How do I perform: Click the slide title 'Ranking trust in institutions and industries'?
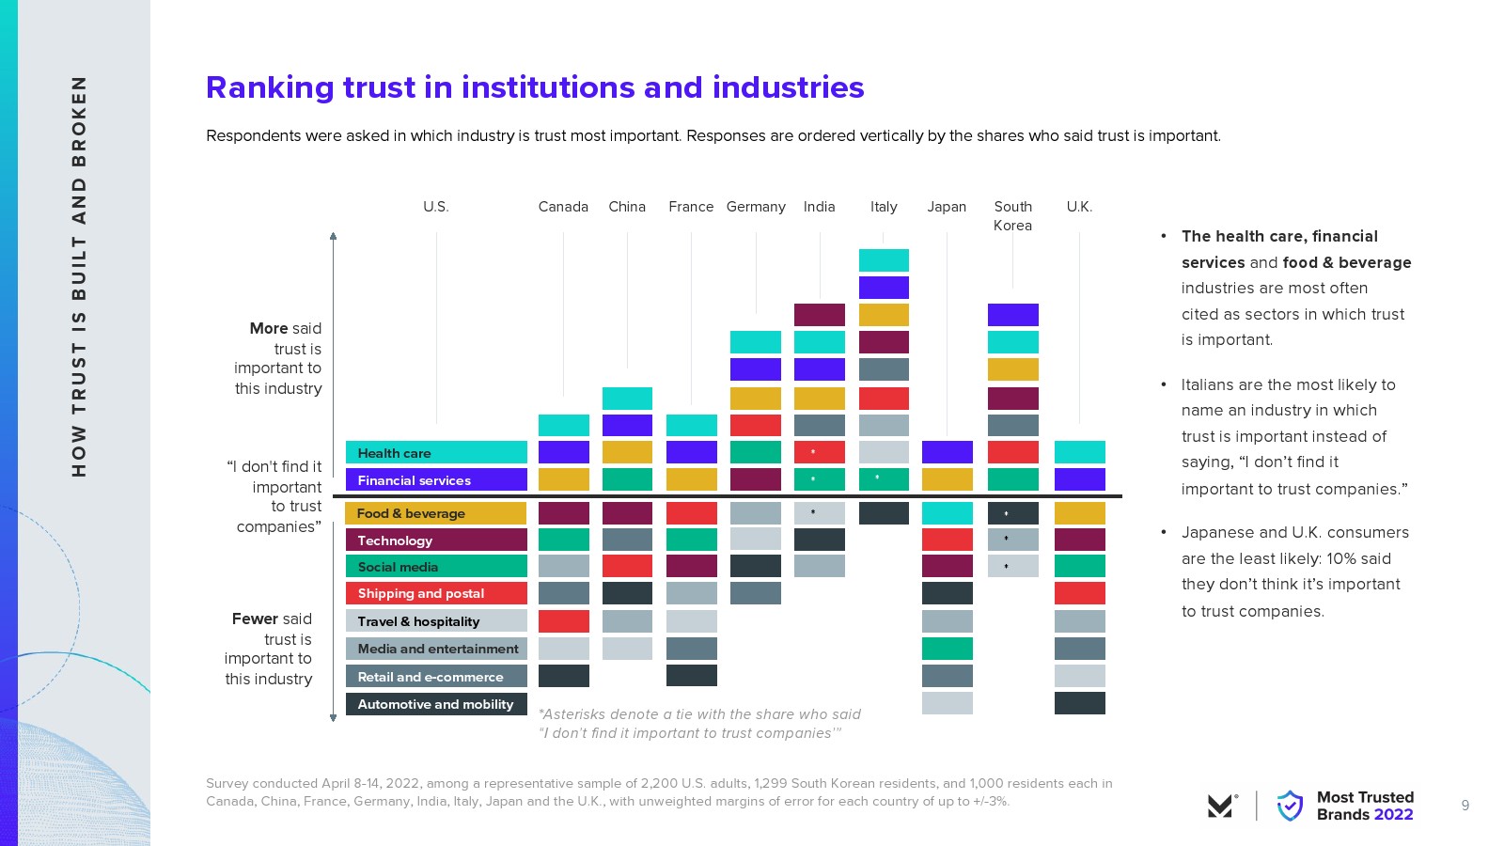[535, 87]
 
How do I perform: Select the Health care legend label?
[436, 453]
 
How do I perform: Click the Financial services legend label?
[436, 480]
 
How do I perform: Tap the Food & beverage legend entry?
[436, 513]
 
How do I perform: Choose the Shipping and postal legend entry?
[436, 593]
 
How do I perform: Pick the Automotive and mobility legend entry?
[436, 704]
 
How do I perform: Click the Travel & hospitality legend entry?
[436, 621]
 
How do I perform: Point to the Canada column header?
[563, 207]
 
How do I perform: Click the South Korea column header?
[1012, 215]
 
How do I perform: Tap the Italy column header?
[884, 207]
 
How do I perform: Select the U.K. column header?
[1079, 207]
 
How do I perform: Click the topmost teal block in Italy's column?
[884, 260]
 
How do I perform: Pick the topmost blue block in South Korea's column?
[1012, 315]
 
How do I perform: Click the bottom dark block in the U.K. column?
[1079, 703]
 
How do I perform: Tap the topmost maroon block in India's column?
[820, 315]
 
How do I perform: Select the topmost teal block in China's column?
[627, 398]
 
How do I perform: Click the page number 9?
[1465, 806]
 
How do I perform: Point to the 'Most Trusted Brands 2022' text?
[1365, 806]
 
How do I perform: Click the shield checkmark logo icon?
[1290, 806]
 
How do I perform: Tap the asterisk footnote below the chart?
[699, 724]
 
